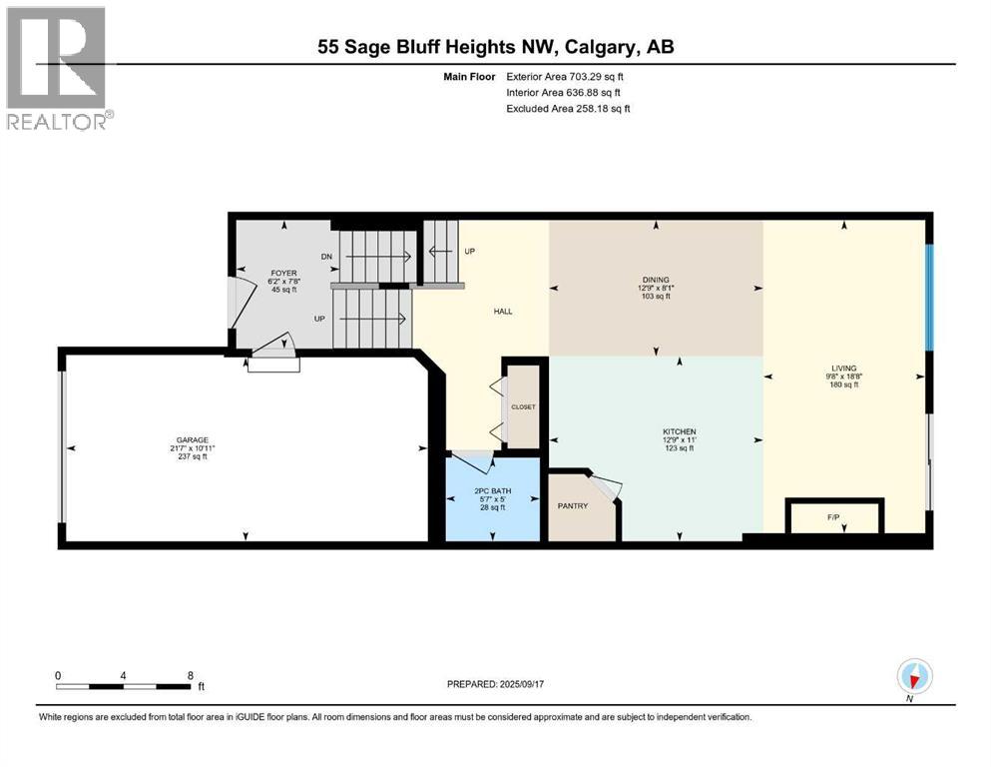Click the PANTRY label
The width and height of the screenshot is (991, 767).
tap(572, 505)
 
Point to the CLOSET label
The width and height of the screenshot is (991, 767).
tap(524, 407)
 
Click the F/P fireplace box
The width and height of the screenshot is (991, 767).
tap(834, 517)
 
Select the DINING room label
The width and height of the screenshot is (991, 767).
tap(656, 280)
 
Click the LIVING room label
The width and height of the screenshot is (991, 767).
tap(843, 368)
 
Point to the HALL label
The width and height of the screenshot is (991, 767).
tap(503, 312)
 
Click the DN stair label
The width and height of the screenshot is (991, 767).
tap(326, 257)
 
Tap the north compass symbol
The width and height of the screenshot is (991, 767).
tap(914, 677)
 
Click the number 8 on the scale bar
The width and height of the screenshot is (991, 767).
tap(189, 675)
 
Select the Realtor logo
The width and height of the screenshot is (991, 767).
tap(57, 68)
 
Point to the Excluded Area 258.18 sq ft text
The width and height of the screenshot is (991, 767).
tap(568, 108)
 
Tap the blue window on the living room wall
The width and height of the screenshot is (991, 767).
tap(928, 298)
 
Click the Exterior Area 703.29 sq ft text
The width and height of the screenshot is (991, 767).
tap(568, 76)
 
